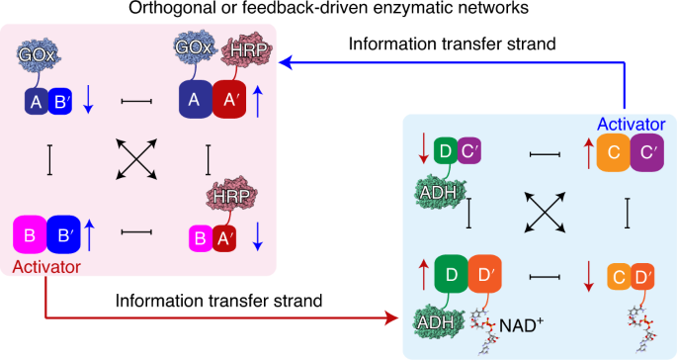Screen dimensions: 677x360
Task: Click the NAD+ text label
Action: [521, 325]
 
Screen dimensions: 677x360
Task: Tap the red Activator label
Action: [46, 267]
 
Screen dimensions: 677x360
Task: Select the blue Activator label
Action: [632, 124]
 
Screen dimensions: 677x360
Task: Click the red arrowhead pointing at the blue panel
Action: [390, 318]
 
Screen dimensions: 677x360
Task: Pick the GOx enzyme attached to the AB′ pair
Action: [38, 54]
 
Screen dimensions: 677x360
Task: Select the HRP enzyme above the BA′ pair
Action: [232, 196]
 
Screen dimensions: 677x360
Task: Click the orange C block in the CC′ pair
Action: [614, 152]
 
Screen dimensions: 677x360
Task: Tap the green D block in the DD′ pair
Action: [452, 274]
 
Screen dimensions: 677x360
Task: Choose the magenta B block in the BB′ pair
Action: [30, 234]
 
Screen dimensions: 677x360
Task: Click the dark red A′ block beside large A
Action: [229, 100]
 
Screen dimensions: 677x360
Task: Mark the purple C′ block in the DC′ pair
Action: [468, 151]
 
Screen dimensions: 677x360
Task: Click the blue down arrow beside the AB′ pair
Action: [88, 100]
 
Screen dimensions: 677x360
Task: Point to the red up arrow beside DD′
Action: [424, 275]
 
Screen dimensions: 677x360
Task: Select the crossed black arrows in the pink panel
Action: [136, 159]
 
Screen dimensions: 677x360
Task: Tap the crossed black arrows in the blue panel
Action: [545, 213]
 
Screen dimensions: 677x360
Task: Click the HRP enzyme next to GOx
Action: [247, 50]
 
